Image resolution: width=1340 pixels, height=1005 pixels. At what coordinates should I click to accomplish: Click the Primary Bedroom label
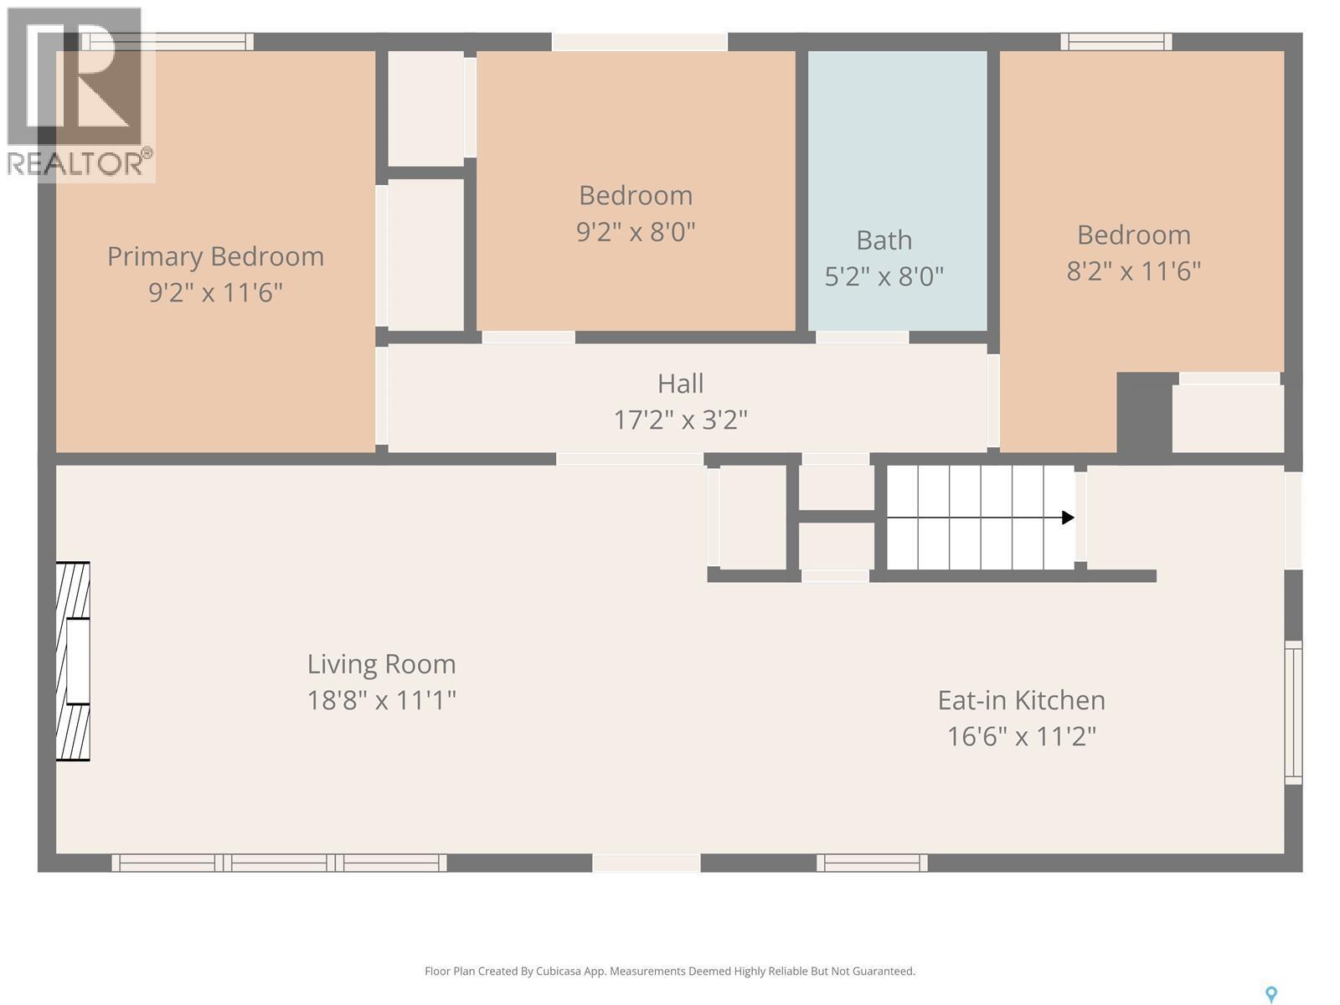215,256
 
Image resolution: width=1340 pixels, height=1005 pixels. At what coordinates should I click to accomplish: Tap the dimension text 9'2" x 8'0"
636,232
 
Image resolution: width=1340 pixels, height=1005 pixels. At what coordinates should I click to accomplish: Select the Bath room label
884,240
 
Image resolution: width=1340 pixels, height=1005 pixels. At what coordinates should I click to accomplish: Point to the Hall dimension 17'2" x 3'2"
680,420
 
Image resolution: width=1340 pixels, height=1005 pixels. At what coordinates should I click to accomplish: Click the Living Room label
381,664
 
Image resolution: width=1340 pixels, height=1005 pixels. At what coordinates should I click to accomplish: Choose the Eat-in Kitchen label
1021,700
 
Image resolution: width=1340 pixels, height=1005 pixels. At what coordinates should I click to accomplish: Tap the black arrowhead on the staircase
1068,518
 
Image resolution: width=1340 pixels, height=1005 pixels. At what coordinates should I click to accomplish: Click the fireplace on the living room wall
73,662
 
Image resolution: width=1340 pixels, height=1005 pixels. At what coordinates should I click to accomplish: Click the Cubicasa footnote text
669,971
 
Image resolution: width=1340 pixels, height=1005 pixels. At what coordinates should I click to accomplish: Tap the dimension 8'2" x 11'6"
1133,271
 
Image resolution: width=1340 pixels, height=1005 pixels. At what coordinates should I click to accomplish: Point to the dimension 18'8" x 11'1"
381,700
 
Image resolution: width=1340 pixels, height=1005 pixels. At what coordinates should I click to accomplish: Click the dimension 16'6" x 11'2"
1021,737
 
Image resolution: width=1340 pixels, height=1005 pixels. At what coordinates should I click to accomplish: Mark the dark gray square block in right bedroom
1143,413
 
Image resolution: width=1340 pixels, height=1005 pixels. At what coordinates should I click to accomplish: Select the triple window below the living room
279,863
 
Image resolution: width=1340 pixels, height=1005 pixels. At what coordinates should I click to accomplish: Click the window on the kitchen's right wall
1293,712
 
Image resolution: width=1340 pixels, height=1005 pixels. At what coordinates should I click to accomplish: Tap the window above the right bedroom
1116,42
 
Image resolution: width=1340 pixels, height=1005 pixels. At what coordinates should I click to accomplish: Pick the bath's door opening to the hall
862,337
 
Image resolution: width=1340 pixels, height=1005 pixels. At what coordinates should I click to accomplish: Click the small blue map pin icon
1270,994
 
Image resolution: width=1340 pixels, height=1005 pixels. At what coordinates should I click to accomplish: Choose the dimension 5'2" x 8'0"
884,276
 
